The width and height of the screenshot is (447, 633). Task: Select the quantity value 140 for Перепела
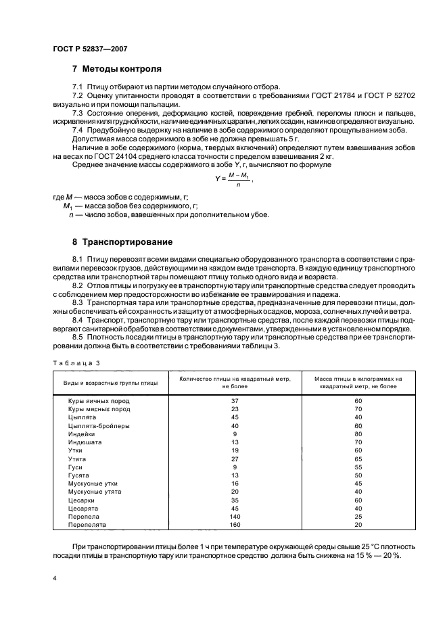pos(235,515)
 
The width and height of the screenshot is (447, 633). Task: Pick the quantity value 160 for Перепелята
pos(235,523)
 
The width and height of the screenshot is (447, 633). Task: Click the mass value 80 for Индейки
pos(358,433)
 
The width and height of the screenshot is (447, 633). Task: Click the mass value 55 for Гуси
pos(358,467)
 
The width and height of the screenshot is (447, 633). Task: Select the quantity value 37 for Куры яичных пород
pos(235,401)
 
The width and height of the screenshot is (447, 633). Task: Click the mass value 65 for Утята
pos(358,458)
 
